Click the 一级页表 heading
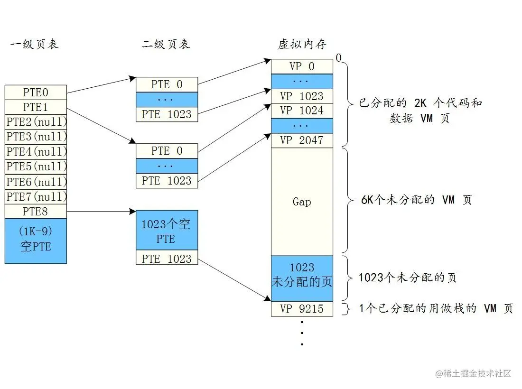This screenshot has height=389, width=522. [x=34, y=45]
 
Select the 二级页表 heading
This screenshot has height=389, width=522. [x=166, y=45]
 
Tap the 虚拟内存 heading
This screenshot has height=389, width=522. [x=302, y=45]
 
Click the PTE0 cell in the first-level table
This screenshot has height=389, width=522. [x=36, y=92]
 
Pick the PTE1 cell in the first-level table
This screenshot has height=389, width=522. [x=36, y=107]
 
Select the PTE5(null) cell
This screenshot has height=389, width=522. [x=36, y=167]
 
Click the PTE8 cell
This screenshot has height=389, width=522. [x=36, y=211]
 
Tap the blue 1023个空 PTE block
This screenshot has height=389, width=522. [x=167, y=231]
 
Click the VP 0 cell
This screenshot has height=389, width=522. [x=302, y=66]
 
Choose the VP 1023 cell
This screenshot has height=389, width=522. [x=302, y=96]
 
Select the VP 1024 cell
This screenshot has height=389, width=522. [x=302, y=111]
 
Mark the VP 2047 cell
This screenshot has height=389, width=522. [x=302, y=140]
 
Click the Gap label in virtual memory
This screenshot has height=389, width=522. [x=302, y=202]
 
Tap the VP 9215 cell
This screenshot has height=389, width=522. [x=302, y=309]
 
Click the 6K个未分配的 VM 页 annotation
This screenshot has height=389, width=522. [x=416, y=200]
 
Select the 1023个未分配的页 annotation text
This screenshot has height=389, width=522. [x=407, y=278]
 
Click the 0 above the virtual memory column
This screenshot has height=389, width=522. [x=338, y=58]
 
